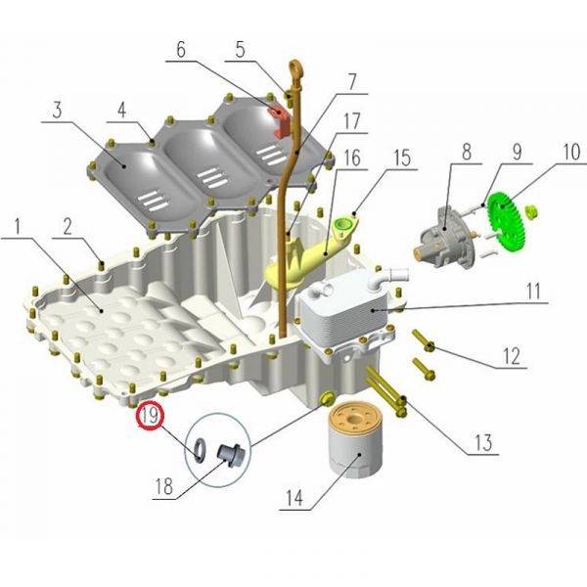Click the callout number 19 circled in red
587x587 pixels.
tap(150, 416)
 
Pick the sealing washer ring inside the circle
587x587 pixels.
tap(200, 448)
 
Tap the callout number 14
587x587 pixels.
tap(294, 498)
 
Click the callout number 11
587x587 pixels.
tap(533, 292)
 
